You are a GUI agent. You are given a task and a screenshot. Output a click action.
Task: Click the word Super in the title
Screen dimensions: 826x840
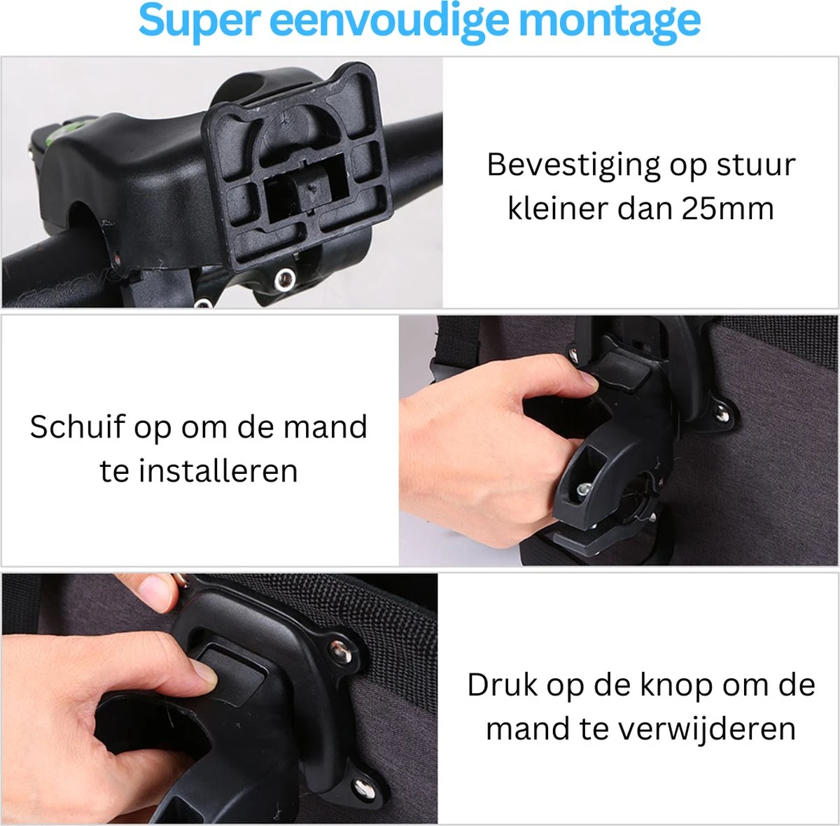click(x=198, y=20)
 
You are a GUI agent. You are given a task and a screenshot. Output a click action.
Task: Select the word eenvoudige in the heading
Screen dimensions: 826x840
click(x=389, y=20)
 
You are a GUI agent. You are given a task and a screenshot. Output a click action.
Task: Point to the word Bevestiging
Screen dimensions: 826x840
click(x=573, y=165)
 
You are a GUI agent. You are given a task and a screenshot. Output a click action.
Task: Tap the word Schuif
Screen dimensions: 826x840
click(x=77, y=427)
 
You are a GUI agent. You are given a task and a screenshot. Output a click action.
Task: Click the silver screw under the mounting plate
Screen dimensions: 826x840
click(x=283, y=280)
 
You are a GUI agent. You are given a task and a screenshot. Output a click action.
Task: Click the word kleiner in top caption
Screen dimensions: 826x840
click(x=553, y=209)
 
